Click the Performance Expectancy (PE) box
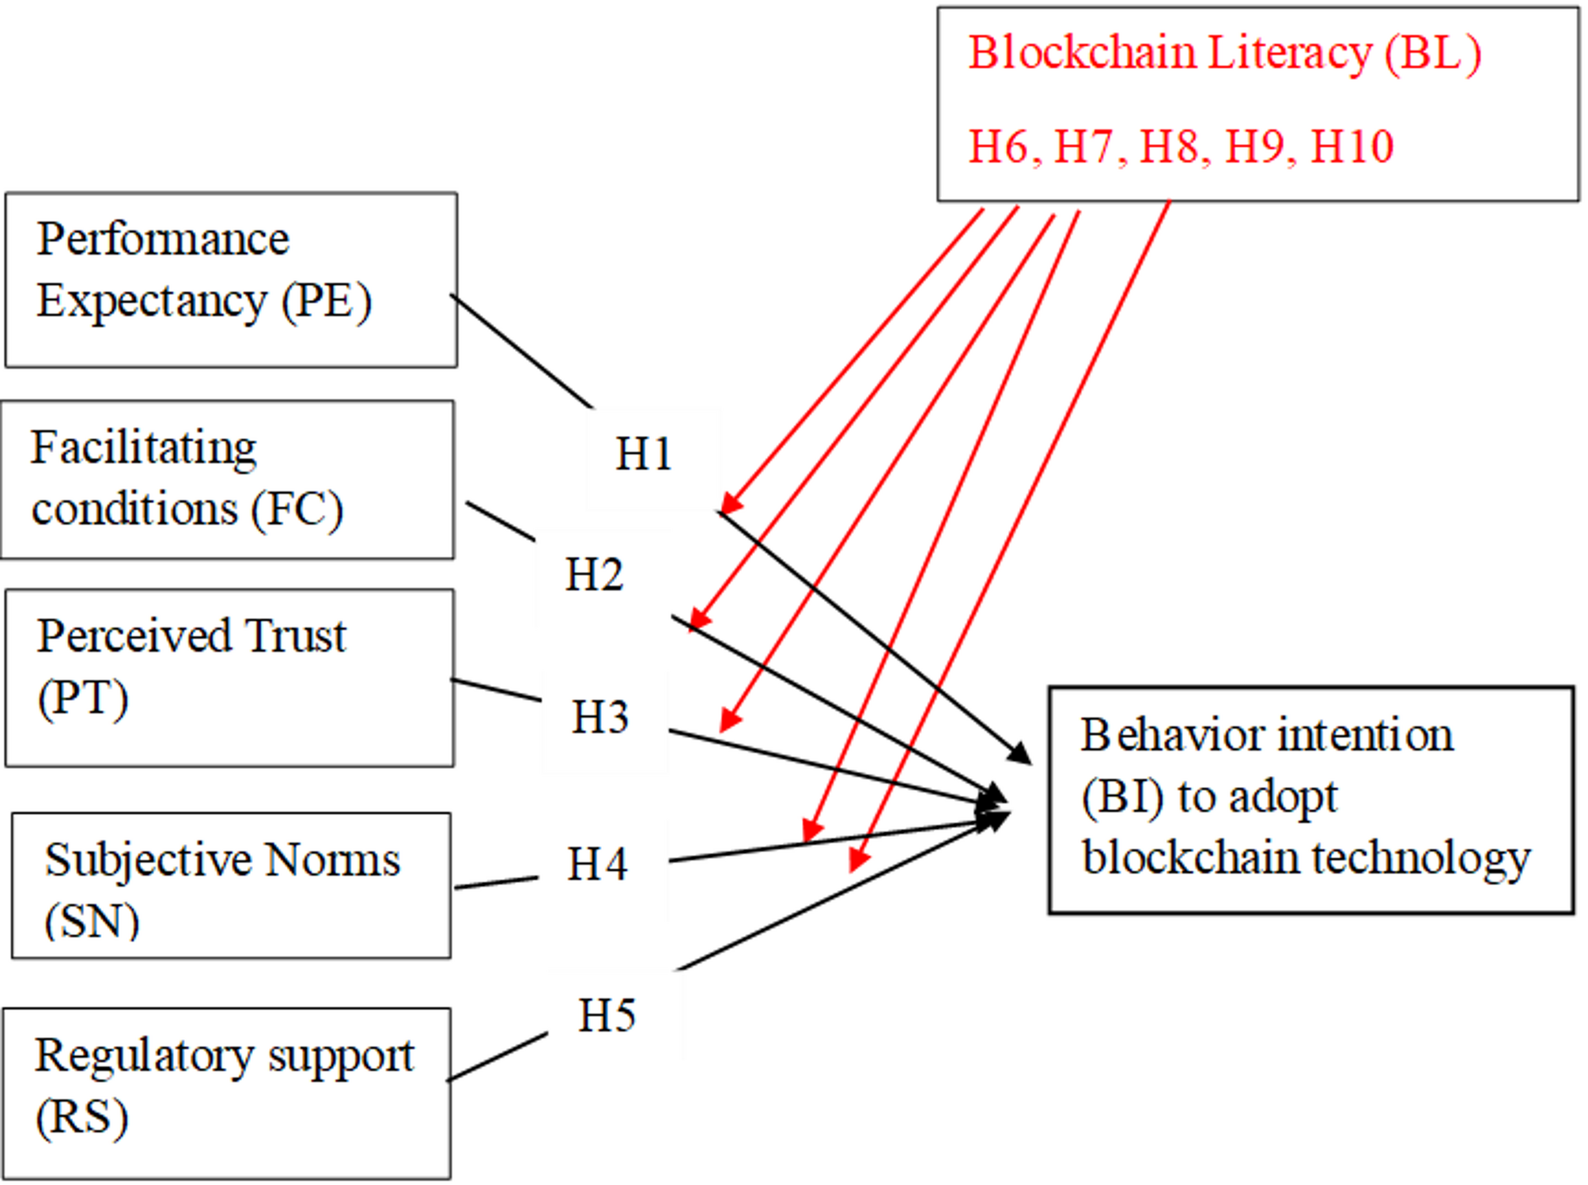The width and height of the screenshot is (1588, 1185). coord(231,280)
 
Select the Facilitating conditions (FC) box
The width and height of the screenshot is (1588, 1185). coord(228,480)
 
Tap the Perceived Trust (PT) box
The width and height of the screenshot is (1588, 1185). coord(230,678)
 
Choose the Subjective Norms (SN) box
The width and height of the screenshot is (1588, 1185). coord(231,886)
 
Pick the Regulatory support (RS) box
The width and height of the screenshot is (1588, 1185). coord(227,1094)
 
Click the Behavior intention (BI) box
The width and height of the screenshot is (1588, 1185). coord(1310,800)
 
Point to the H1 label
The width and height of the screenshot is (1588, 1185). coord(644,455)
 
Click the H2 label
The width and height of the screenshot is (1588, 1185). coord(594,575)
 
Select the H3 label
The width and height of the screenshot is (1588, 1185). coord(600,717)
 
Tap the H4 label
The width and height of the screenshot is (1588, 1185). coord(597,864)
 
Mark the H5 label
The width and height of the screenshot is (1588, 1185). coord(607,1016)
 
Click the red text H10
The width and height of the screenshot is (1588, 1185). coord(1352,147)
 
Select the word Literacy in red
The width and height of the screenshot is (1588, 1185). coord(1291,54)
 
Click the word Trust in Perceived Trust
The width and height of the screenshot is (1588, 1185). coord(294,636)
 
